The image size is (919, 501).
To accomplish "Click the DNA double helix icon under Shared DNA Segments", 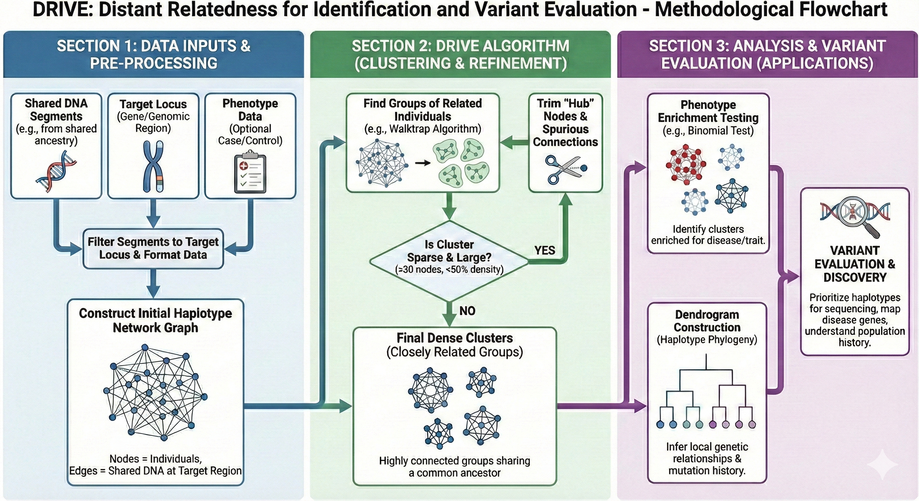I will [56, 171].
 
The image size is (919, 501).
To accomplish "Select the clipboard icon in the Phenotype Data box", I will [250, 173].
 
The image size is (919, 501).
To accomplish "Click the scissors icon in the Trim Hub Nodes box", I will [565, 169].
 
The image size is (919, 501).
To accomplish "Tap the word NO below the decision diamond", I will [467, 311].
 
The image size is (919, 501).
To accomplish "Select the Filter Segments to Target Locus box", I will [153, 248].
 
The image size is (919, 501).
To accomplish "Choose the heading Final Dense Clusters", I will [455, 338].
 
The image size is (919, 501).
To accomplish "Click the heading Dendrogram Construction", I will [707, 321].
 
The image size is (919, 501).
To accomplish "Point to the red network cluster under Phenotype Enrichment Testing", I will [686, 164].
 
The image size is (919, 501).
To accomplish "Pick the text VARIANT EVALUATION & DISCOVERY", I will [855, 264].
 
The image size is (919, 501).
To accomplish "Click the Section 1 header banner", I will [153, 54].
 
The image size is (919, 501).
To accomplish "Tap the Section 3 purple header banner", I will [767, 54].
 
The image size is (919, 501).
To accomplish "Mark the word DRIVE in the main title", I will [62, 10].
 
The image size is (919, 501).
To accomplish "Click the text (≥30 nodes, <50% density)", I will [449, 269].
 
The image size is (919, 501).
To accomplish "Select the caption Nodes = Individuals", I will [156, 459].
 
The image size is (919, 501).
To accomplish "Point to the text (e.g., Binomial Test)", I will [708, 130].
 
